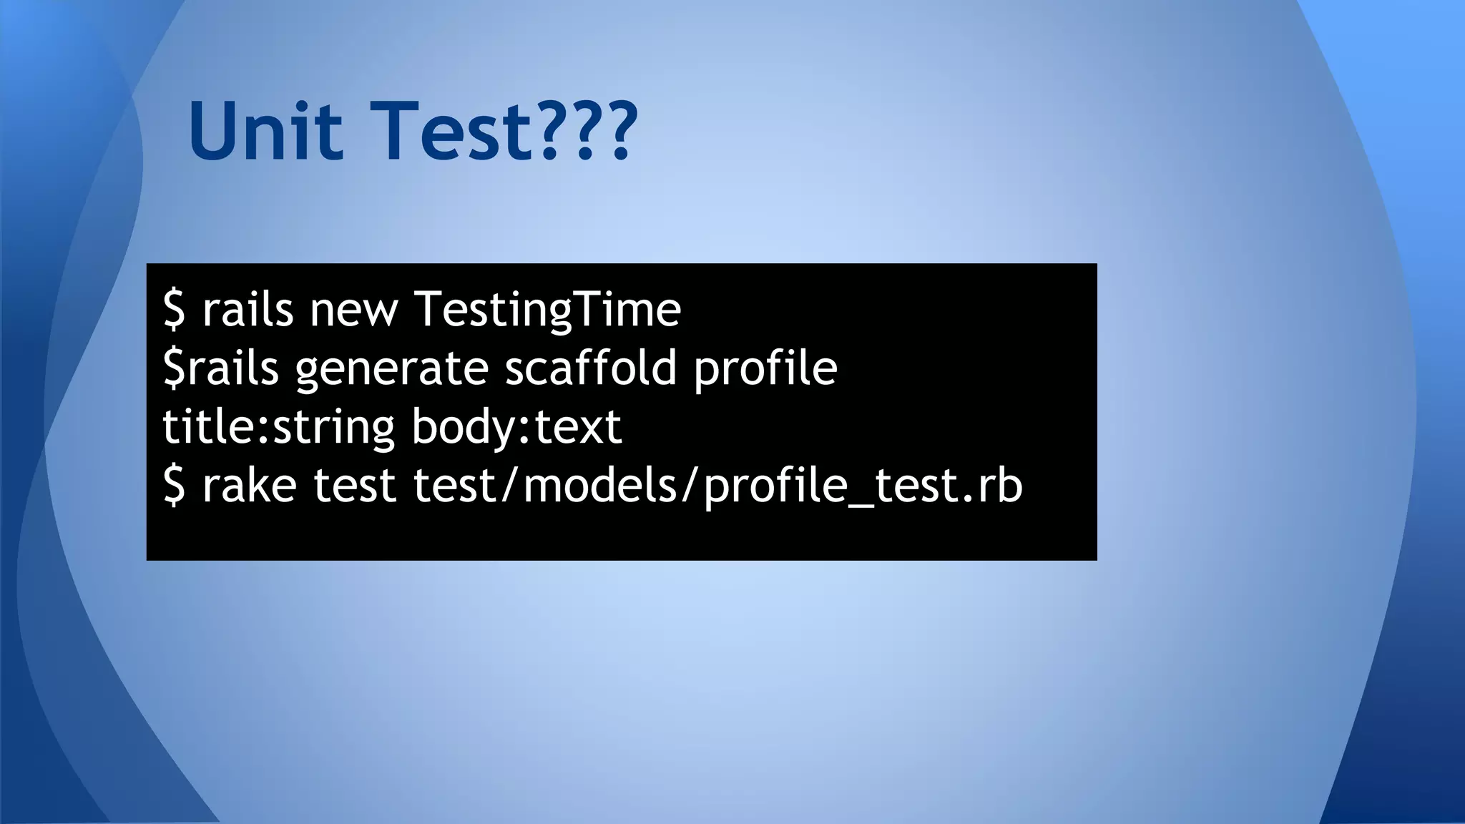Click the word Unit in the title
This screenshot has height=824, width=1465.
[x=265, y=132]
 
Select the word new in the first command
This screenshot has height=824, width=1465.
[x=353, y=310]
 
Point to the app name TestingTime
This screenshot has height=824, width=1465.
[x=547, y=310]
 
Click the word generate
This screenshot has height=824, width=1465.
[x=392, y=368]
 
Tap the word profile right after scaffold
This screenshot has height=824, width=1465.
[x=765, y=368]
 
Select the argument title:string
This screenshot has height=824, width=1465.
[x=278, y=427]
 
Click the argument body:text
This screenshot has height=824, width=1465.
[x=516, y=427]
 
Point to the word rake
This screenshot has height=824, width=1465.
[x=249, y=486]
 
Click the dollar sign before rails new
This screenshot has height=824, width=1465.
[x=174, y=310]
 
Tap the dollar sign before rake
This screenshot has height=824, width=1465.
[x=174, y=486]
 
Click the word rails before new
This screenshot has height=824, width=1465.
[x=248, y=310]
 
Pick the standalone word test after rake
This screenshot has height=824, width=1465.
[x=354, y=486]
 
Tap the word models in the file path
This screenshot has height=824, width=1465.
[x=601, y=486]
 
